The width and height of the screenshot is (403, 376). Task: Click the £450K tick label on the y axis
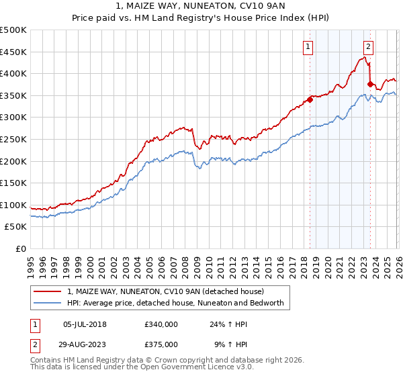tap(13, 52)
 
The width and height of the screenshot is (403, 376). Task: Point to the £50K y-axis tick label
tap(15, 227)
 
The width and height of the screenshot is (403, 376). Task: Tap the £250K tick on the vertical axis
tap(13, 139)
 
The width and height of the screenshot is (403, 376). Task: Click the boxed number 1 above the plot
tap(308, 46)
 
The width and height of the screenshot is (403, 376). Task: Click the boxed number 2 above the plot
tap(369, 46)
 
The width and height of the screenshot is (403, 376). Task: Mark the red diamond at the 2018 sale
tap(310, 100)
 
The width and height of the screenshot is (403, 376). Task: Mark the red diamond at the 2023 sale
tap(371, 84)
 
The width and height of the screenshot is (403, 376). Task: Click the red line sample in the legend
tap(47, 291)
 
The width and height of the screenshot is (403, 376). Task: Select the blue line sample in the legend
tap(47, 303)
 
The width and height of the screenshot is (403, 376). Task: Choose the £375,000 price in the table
tap(161, 344)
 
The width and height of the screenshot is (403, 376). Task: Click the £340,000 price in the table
tap(161, 324)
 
